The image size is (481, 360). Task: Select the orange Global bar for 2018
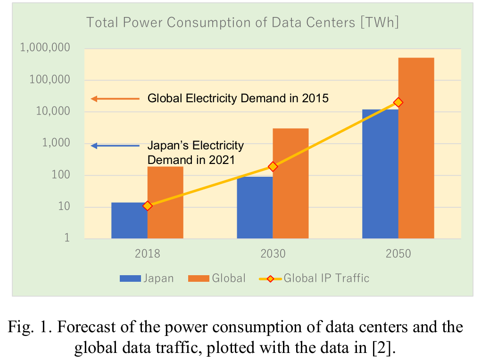point(165,203)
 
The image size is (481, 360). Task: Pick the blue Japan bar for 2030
point(255,207)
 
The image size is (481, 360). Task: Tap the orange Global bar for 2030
point(290,183)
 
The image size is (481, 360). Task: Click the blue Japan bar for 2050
point(380,174)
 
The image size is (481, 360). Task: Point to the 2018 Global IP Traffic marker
point(148,205)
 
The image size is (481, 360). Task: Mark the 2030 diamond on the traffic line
point(273,166)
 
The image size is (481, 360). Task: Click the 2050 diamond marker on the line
point(398,102)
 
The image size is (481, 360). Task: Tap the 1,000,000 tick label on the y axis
point(45,48)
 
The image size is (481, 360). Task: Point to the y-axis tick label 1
point(66,238)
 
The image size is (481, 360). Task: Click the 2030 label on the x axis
point(273,254)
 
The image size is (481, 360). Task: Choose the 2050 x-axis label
point(398,254)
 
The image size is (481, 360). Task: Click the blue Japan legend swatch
point(130,278)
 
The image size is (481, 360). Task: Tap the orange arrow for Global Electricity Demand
point(115,98)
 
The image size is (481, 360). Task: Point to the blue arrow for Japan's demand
point(115,146)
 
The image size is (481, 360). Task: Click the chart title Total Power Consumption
point(242,22)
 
